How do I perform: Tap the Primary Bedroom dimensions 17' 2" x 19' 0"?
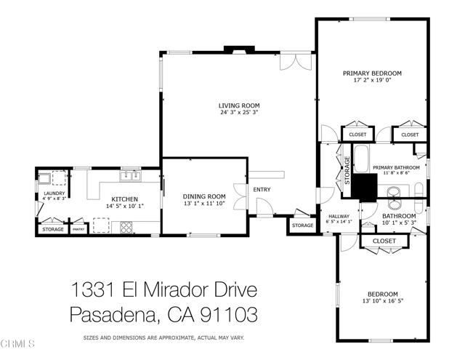372,81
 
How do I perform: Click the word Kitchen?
124,199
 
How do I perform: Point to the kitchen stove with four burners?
126,227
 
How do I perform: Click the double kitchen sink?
131,175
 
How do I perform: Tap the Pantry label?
78,229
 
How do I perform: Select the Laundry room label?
54,193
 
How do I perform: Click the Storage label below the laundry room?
52,229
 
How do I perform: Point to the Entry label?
261,191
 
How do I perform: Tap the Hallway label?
340,216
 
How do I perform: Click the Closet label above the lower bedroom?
384,241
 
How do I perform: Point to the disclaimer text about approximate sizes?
163,338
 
